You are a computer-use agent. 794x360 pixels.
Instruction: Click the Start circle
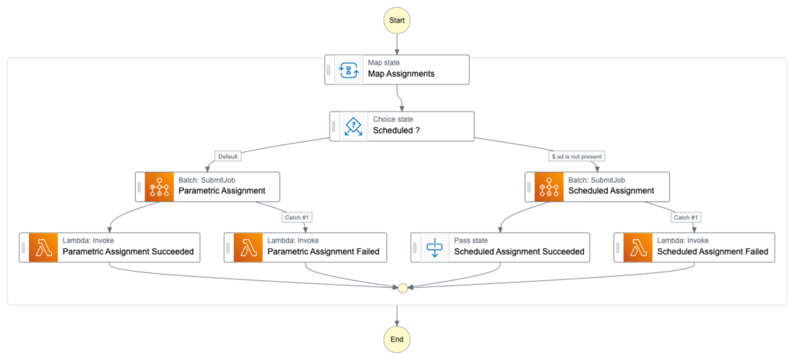coord(397,19)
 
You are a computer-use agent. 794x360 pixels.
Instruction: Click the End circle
coord(397,339)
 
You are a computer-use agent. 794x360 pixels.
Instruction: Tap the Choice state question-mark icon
coord(354,126)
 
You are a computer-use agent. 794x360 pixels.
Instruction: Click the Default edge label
coord(227,157)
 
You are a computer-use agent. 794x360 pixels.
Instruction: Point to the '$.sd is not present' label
coord(577,157)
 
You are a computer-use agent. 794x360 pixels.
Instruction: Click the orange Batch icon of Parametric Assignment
coord(160,186)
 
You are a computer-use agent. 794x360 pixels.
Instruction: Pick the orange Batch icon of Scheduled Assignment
coord(550,186)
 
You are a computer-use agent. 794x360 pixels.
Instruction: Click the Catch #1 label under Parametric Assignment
coord(297,217)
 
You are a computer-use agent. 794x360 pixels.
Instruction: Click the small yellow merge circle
coord(402,288)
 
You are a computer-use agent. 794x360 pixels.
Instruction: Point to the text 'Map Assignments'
coord(401,74)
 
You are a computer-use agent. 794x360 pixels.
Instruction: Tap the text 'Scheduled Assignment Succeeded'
coord(519,252)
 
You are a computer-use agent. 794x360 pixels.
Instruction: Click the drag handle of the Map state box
coord(330,69)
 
